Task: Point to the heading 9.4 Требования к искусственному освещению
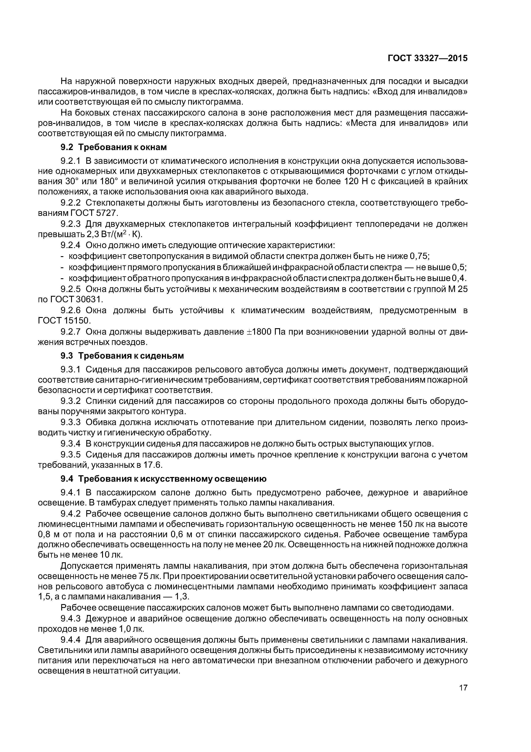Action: tap(164, 479)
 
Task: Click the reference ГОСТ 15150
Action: tap(64, 320)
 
